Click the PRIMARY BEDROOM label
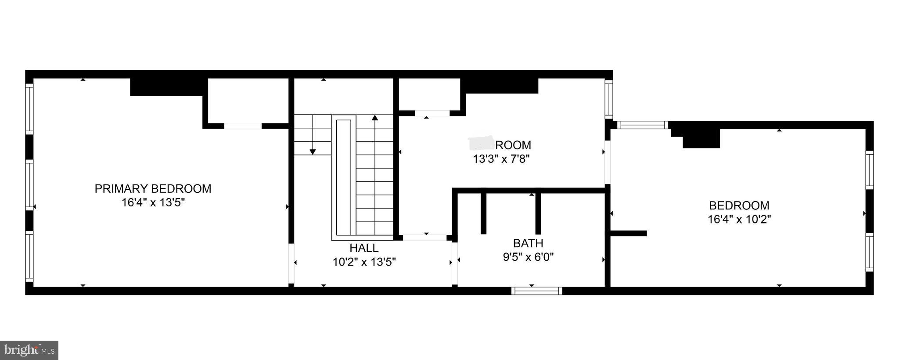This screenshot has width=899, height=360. coord(153,189)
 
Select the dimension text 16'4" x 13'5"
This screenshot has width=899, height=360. coord(153,203)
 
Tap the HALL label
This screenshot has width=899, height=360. coord(364,248)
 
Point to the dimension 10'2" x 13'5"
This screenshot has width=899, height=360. coord(364,262)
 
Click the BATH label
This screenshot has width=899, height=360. coord(528,243)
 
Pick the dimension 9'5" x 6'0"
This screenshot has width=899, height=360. coord(528,257)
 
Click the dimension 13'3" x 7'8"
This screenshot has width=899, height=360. coord(501,159)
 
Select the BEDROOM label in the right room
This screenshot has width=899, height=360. coord(739,205)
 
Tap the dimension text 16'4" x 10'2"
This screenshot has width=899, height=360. coord(739,219)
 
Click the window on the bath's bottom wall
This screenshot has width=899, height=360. coord(537,290)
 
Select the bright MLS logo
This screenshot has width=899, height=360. coord(29,350)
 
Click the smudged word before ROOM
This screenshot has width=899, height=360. coord(482,143)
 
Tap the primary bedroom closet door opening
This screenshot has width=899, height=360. coord(243,126)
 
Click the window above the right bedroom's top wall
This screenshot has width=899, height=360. coord(643,125)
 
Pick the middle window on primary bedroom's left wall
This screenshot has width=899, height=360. coord(29,185)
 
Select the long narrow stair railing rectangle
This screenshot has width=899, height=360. coord(344,177)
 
